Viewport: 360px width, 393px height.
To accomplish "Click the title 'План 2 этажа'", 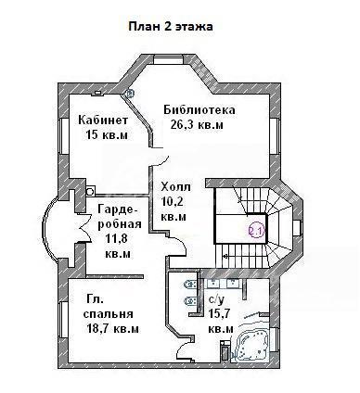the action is pyautogui.click(x=171, y=27).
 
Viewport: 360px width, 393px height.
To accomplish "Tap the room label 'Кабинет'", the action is pyautogui.click(x=103, y=120).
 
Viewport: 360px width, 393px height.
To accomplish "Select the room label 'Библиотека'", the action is pyautogui.click(x=199, y=110).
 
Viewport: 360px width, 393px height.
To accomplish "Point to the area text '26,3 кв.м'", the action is pyautogui.click(x=197, y=125).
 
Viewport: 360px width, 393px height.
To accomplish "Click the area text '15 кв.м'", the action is pyautogui.click(x=107, y=135).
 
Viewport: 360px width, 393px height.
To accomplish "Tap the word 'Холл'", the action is pyautogui.click(x=176, y=187).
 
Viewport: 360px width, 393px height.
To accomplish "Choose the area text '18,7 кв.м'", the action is pyautogui.click(x=112, y=329).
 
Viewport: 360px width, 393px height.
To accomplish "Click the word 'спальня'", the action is pyautogui.click(x=109, y=314).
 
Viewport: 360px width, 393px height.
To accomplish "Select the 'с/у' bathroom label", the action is pyautogui.click(x=216, y=299).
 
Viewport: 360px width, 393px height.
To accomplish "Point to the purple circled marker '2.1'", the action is pyautogui.click(x=256, y=230).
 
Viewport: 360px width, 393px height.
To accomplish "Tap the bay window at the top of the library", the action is pyautogui.click(x=169, y=59).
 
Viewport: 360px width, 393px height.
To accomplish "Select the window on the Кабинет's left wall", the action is pyautogui.click(x=64, y=136).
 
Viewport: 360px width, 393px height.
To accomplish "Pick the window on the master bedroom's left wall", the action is pyautogui.click(x=64, y=320).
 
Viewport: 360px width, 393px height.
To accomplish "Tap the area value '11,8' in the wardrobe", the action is pyautogui.click(x=117, y=239).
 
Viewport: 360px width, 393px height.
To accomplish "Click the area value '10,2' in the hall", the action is pyautogui.click(x=173, y=202).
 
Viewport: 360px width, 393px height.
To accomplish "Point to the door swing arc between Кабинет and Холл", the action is pyautogui.click(x=163, y=161).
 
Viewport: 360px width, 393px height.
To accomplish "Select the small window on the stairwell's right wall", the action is pyautogui.click(x=297, y=228).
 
